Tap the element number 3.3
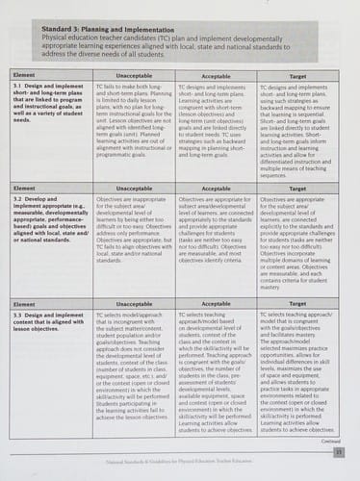[16, 314]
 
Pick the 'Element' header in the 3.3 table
[21, 302]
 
